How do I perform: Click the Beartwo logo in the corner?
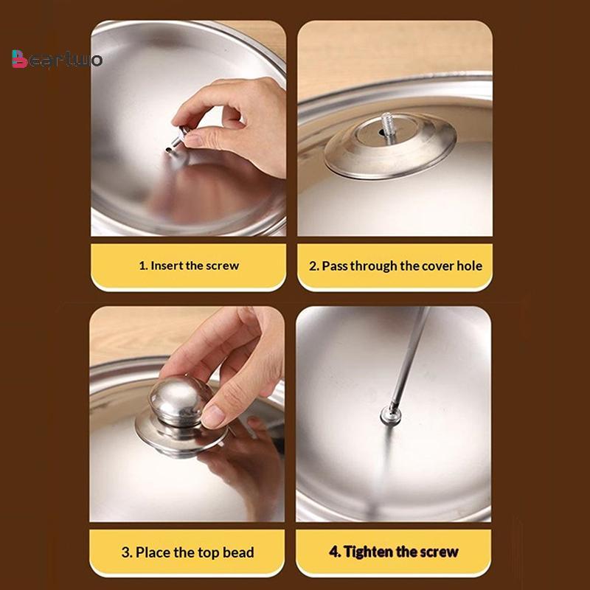pyautogui.click(x=57, y=59)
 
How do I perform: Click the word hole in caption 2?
pyautogui.click(x=469, y=265)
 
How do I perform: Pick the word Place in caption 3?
pyautogui.click(x=153, y=552)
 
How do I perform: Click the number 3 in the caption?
pyautogui.click(x=125, y=552)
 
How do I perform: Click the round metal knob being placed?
pyautogui.click(x=181, y=400)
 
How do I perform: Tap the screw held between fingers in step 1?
pyautogui.click(x=178, y=139)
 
